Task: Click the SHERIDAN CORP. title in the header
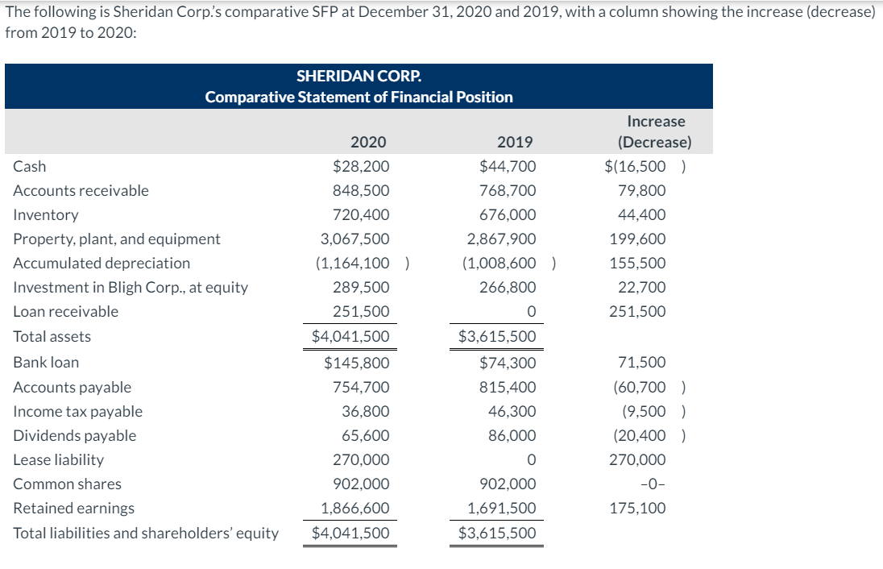[x=359, y=77]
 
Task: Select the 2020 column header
[x=368, y=143]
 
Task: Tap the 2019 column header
[x=515, y=143]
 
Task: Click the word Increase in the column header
[x=655, y=122]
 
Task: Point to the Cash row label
[x=30, y=167]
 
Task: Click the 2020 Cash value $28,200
[x=361, y=167]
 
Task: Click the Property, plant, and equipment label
[x=117, y=239]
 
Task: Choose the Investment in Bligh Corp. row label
[x=131, y=288]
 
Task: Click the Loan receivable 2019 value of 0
[x=531, y=312]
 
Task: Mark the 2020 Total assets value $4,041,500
[x=350, y=337]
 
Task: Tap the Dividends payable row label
[x=75, y=436]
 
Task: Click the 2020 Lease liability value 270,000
[x=361, y=460]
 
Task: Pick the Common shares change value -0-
[x=653, y=484]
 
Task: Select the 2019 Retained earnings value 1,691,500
[x=502, y=509]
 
